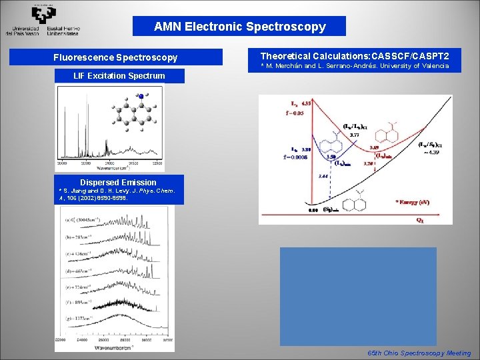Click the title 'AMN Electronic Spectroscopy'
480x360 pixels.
[x=239, y=27]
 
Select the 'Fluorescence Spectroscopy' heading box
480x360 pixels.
[x=115, y=57]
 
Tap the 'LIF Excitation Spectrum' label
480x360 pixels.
[x=119, y=75]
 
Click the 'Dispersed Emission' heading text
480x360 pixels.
[x=118, y=182]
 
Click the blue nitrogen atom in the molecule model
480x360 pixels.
[x=141, y=97]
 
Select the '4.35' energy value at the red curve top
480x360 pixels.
[x=306, y=103]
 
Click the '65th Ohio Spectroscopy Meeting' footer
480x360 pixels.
[x=419, y=353]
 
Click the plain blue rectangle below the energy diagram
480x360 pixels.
[x=358, y=295]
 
